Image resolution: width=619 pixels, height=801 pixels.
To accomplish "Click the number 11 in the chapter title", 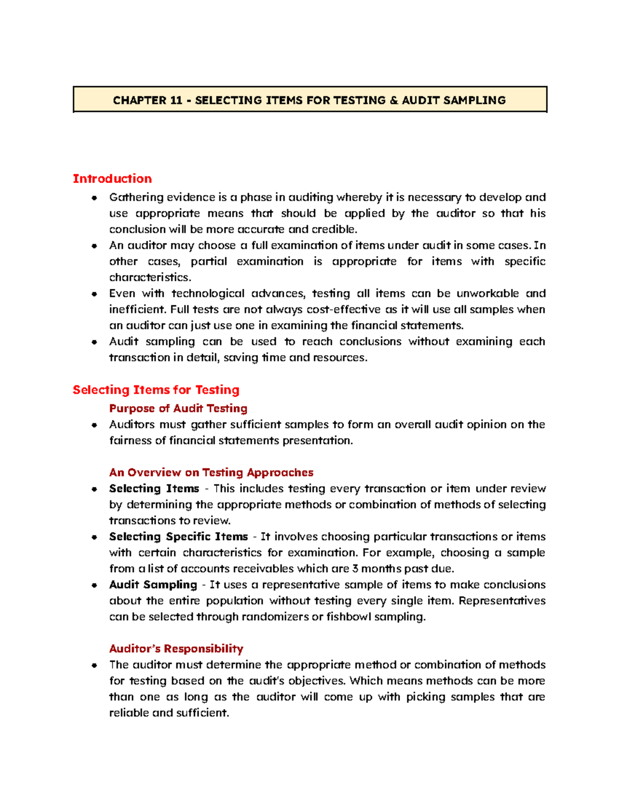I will (x=176, y=101).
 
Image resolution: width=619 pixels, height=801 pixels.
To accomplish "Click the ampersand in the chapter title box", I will (x=394, y=101).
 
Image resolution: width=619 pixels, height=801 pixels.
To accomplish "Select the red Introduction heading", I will (x=112, y=179).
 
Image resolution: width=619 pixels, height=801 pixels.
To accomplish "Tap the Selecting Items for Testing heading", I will (x=156, y=390).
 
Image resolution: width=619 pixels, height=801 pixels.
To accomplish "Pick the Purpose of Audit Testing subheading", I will (x=178, y=408).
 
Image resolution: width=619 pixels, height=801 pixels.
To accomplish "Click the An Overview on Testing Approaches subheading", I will (x=211, y=472).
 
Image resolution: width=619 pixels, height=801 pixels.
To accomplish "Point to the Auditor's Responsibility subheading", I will (x=176, y=649).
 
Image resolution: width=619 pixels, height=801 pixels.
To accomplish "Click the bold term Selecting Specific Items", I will (x=178, y=537).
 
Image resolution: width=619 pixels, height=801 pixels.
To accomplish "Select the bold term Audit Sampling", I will (x=153, y=585).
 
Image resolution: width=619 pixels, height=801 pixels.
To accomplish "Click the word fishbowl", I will (x=349, y=617).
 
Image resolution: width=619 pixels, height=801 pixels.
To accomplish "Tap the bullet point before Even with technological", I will (x=94, y=294).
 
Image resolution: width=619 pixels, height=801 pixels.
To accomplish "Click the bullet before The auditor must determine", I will (x=94, y=665).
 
